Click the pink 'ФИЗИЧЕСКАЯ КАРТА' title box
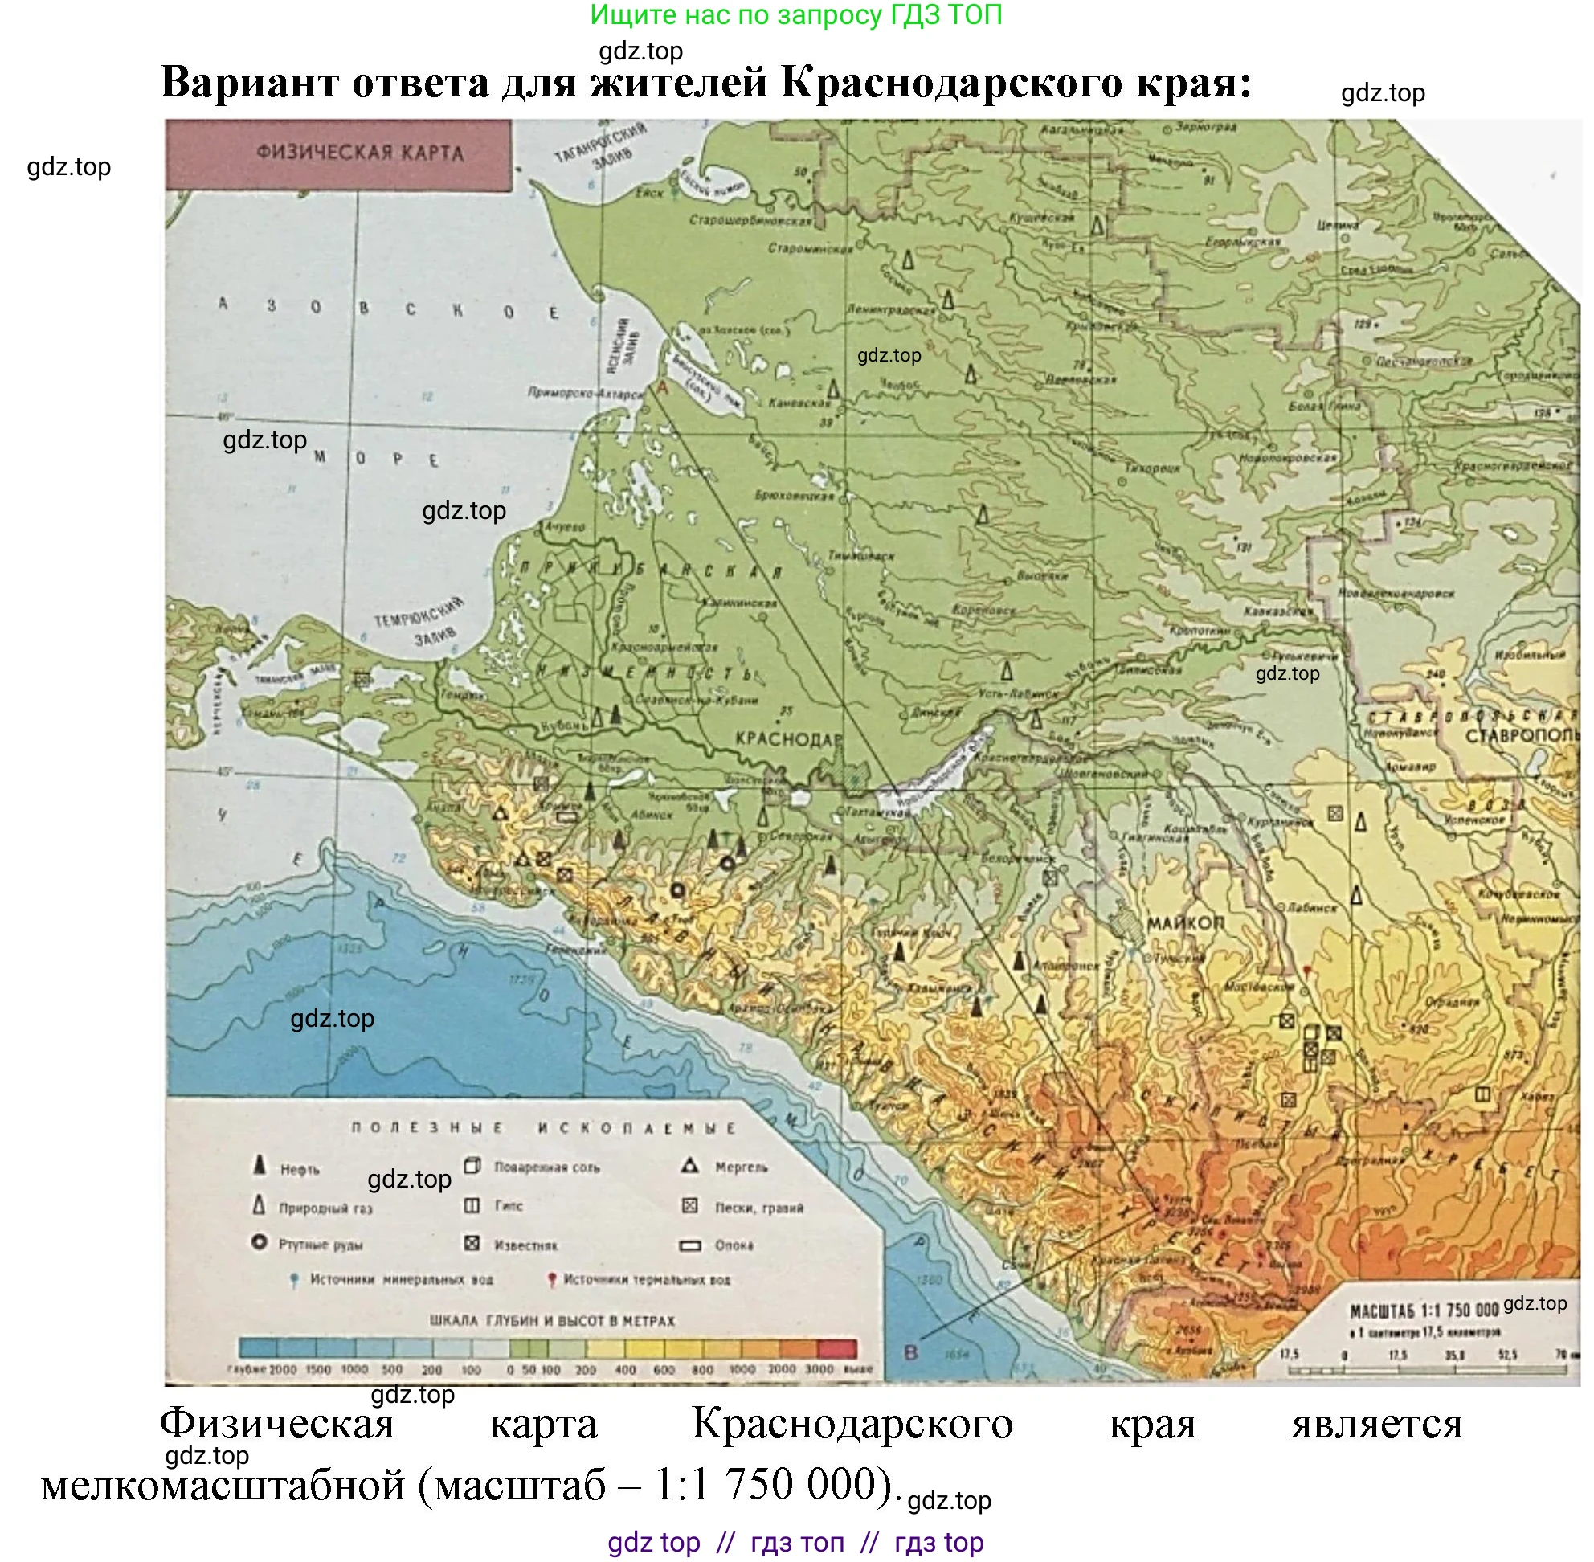[x=338, y=154]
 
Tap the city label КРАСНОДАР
[x=787, y=738]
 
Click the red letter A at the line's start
[x=663, y=387]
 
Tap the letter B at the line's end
[x=909, y=1351]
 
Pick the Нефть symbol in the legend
[x=260, y=1165]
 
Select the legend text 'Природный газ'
[x=325, y=1208]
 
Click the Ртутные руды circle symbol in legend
[x=260, y=1242]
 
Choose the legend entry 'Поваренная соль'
[x=546, y=1167]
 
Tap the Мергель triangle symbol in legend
[x=689, y=1165]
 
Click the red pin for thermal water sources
[x=551, y=1279]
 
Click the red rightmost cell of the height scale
[x=837, y=1348]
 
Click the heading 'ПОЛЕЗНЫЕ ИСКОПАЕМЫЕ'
[x=543, y=1128]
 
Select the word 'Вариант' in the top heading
[x=248, y=82]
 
